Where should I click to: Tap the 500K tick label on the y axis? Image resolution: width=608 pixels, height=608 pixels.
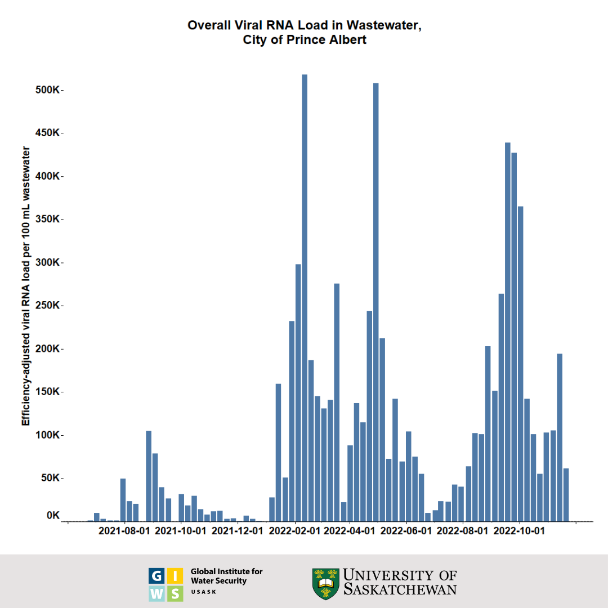click(47, 90)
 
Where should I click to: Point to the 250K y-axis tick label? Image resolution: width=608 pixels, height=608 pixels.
click(47, 306)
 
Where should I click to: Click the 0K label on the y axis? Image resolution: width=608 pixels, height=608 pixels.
click(53, 516)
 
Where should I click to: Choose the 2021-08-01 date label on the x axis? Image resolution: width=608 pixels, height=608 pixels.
click(124, 531)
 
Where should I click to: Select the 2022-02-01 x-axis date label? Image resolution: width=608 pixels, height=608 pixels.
click(294, 531)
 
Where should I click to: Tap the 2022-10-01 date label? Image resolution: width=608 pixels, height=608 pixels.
click(520, 531)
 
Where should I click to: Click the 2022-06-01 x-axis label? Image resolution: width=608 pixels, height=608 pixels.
click(406, 531)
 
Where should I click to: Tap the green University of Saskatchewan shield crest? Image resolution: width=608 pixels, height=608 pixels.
click(325, 583)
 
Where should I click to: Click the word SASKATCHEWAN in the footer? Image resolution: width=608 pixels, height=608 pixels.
click(400, 589)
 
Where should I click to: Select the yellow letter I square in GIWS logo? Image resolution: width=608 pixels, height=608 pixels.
click(175, 575)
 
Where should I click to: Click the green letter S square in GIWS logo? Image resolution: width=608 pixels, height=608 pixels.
click(175, 593)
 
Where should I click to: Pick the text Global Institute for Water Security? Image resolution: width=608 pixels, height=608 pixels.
click(226, 576)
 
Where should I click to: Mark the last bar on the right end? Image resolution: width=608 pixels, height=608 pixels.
click(566, 494)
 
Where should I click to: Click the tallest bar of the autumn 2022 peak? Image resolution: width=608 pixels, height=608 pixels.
click(507, 332)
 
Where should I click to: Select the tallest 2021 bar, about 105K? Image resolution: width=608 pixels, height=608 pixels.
click(149, 476)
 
